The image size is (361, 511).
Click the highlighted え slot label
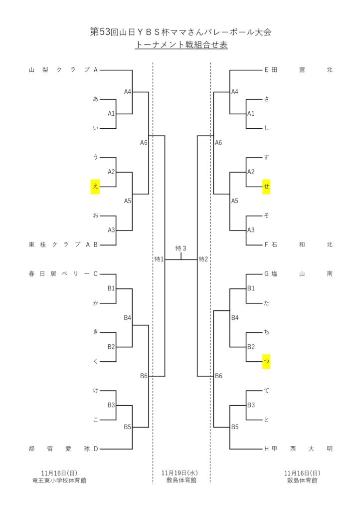pos(95,187)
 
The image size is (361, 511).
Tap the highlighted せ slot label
pos(267,187)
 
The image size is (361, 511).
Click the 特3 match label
pos(181,249)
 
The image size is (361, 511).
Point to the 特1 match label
pos(159,259)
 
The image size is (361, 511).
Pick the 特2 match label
pos(203,259)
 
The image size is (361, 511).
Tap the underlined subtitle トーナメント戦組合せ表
pos(181,45)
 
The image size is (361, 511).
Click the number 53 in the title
pos(104,32)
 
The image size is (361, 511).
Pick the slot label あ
pos(95,99)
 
